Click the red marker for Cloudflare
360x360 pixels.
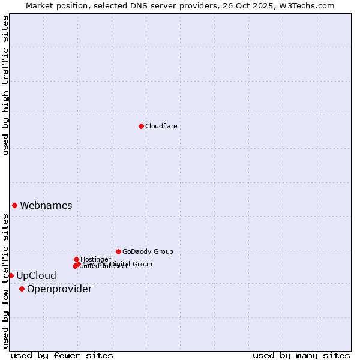pyautogui.click(x=141, y=126)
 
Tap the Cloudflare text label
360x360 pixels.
pyautogui.click(x=161, y=126)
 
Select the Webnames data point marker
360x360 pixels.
pyautogui.click(x=14, y=205)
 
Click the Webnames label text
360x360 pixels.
pyautogui.click(x=46, y=205)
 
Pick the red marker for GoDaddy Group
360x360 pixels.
pyautogui.click(x=118, y=251)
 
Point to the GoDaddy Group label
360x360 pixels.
pyautogui.click(x=148, y=251)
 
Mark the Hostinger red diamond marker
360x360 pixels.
pyautogui.click(x=76, y=259)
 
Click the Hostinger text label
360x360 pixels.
pyautogui.click(x=95, y=259)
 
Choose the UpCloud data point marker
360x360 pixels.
pyautogui.click(x=11, y=275)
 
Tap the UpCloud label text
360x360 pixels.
pyautogui.click(x=36, y=276)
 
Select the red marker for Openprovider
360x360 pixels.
pyautogui.click(x=22, y=289)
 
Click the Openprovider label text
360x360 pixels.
pyautogui.click(x=59, y=289)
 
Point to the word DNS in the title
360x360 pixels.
pyautogui.click(x=138, y=5)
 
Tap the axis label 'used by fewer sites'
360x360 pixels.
pyautogui.click(x=62, y=355)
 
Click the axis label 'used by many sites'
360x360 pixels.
pyautogui.click(x=301, y=355)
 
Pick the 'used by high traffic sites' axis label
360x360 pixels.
pyautogui.click(x=5, y=85)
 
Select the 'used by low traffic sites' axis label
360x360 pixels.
pyautogui.click(x=5, y=281)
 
